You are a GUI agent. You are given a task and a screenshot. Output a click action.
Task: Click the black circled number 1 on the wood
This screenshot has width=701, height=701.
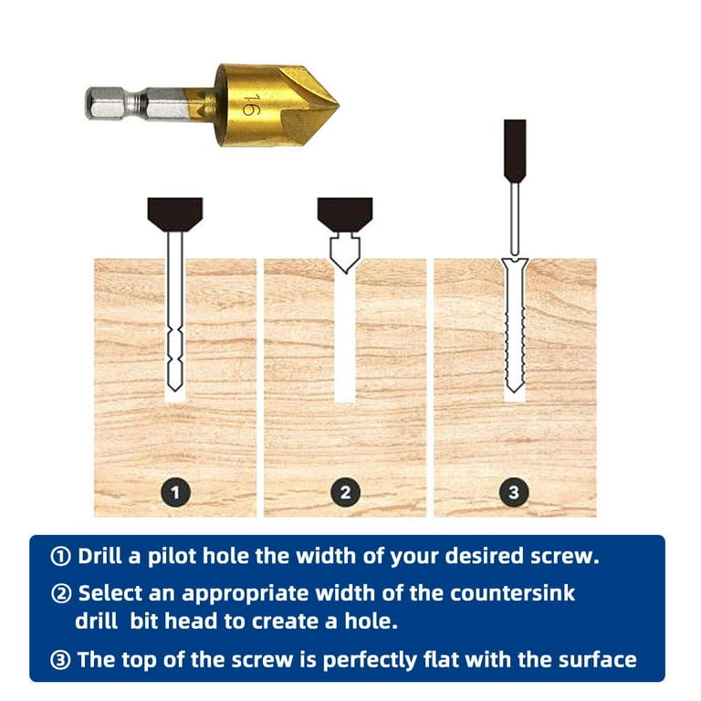[x=175, y=493]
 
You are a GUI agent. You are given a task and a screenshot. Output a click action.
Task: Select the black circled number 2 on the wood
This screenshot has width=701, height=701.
[x=345, y=493]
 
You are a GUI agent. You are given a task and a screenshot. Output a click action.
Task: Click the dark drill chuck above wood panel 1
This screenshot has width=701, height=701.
[x=174, y=214]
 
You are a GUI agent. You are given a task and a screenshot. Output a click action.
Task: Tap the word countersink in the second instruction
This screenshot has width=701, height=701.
[x=515, y=593]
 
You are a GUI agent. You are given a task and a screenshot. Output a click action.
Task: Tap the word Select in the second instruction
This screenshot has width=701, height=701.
[x=107, y=593]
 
